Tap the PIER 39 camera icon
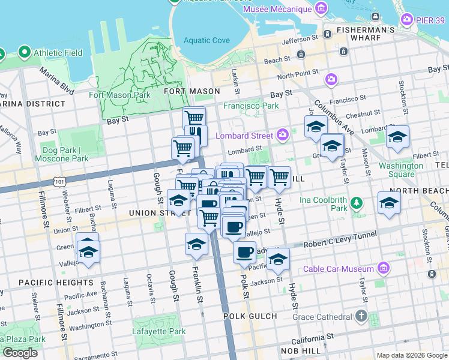tap(408, 19)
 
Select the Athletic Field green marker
tap(25, 52)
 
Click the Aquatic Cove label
tap(206, 40)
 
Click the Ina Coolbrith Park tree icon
tap(357, 203)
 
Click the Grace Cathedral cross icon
tap(361, 316)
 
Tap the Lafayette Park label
tap(159, 331)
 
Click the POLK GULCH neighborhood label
tap(250, 316)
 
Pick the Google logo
tap(20, 353)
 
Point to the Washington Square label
tap(400, 170)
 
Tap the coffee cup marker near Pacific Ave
tap(244, 253)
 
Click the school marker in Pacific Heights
tap(88, 252)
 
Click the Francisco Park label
tap(251, 106)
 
